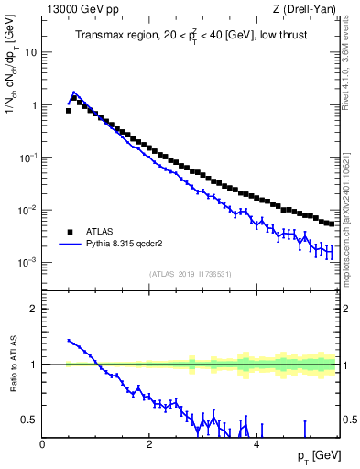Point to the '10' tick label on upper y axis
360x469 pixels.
(31, 52)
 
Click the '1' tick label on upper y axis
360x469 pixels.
(34, 105)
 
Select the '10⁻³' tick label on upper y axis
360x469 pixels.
(28, 263)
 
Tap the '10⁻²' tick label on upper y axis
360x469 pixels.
(28, 211)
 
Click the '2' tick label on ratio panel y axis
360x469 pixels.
(34, 309)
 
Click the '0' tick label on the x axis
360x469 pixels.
(43, 444)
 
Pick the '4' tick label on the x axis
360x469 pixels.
(256, 444)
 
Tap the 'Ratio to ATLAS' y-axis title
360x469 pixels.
(11, 366)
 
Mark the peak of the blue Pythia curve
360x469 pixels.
(74, 93)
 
